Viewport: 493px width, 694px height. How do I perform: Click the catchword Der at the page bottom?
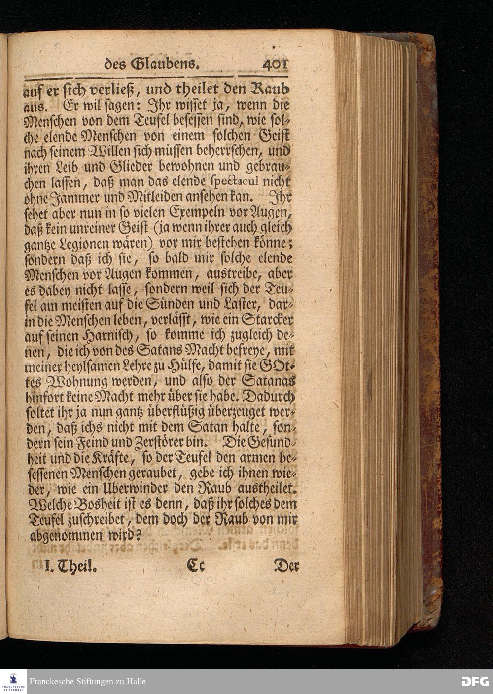pos(286,566)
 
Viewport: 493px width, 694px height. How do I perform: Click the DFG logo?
pos(475,681)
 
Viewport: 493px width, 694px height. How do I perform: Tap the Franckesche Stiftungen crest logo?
pos(13,681)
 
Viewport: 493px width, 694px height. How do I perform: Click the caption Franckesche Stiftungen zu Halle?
pos(88,681)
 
